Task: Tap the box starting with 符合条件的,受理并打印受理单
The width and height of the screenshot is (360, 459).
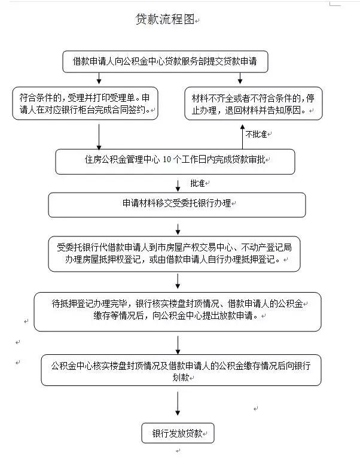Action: [x=85, y=103]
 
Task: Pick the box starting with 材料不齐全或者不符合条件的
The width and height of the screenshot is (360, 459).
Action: [x=253, y=104]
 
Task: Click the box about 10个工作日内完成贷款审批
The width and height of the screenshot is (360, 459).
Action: [x=175, y=161]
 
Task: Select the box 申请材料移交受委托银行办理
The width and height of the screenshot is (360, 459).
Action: [x=176, y=204]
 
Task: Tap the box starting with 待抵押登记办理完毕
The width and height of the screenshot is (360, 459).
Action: [x=177, y=311]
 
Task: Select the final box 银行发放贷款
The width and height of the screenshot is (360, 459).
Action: [x=178, y=433]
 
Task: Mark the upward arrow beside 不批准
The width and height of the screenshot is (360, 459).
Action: [x=240, y=135]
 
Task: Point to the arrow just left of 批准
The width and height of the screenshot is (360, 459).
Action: [x=178, y=184]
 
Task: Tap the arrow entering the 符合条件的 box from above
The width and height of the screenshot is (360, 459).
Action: [x=99, y=78]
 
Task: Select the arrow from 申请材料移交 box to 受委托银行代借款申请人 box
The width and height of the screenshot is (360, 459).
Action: [x=178, y=227]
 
